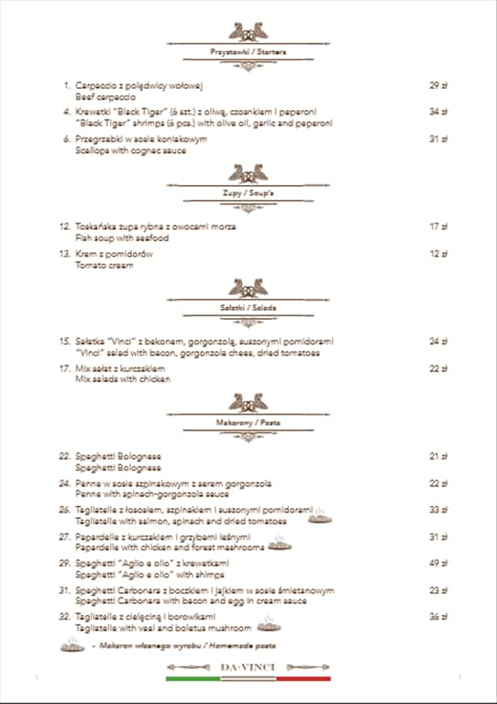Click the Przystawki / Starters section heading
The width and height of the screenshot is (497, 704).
pos(248,52)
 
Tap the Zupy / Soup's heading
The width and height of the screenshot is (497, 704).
pos(248,193)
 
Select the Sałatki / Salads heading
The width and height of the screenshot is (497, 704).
pos(248,308)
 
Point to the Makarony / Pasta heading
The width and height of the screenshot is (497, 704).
pos(248,423)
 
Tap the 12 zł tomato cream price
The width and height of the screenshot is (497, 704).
pos(438,254)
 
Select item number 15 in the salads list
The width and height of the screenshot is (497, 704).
pos(65,341)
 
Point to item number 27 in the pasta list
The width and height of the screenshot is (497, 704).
pos(65,536)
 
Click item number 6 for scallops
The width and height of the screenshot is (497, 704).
pos(67,139)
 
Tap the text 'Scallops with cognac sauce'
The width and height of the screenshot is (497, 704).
pos(131,150)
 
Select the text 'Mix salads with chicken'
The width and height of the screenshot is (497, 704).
pos(124,379)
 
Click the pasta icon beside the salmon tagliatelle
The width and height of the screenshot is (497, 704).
pos(320,519)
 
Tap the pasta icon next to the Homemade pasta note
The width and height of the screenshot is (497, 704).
pos(72,646)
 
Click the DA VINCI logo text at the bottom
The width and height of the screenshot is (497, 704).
pos(248,667)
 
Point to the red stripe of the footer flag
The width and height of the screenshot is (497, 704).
pos(304,679)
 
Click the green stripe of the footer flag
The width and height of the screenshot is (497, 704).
pos(193,679)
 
